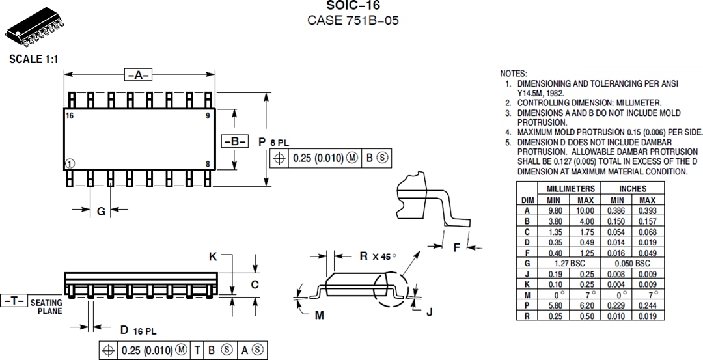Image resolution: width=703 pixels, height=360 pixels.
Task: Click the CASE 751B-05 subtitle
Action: point(352,20)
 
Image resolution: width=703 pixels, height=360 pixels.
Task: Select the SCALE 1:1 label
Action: point(34,59)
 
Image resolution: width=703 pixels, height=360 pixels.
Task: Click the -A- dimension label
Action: point(138,75)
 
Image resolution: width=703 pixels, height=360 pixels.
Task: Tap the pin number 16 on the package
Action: point(70,115)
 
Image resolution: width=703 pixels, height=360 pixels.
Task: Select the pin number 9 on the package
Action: point(208,115)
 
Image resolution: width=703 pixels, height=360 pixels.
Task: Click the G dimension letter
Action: point(100,211)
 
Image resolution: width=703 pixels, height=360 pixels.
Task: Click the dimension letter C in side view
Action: point(255,284)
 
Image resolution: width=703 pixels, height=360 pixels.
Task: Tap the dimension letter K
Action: point(213,257)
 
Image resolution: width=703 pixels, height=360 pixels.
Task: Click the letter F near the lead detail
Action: point(456,247)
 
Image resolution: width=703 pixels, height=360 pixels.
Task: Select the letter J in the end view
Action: point(429,312)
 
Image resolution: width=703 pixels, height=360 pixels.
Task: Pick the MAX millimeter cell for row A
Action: point(585,210)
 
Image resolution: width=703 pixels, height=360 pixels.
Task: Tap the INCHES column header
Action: point(632,189)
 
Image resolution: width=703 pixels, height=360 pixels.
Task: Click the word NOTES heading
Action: point(514,74)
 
